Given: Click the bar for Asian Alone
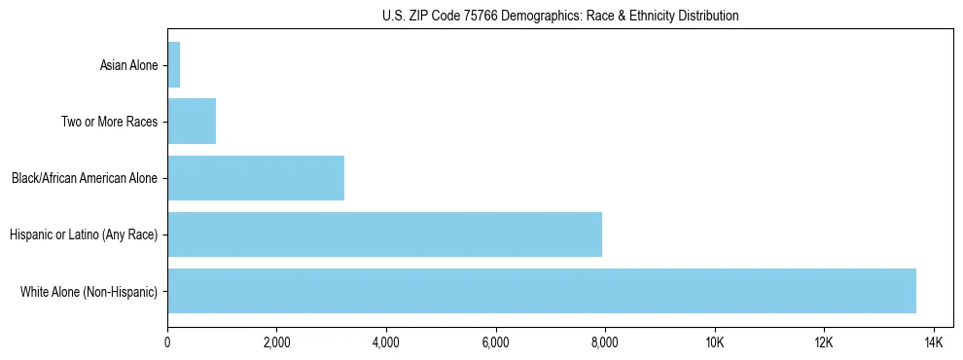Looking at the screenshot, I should pos(174,65).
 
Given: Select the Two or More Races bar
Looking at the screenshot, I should pos(192,122).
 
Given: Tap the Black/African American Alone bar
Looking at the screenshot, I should pos(256,178).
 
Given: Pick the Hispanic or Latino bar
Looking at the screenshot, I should pos(384,234).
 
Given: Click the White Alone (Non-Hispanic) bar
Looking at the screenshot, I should pos(542,291).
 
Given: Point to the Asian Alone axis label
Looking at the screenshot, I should pos(128,66).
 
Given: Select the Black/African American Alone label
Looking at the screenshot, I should pos(84,179).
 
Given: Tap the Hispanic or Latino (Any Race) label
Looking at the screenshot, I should pos(83,235).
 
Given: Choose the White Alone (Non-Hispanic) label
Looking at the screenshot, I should pos(89,292).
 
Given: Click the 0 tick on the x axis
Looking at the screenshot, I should pos(167,342).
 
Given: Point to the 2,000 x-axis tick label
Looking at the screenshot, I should pos(276,342).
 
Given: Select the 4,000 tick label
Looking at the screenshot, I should pos(386,342).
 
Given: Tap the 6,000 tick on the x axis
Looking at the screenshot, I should pos(495,342).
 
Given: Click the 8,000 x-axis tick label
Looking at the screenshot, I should pos(605,342).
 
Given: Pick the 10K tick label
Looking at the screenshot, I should pos(715,342).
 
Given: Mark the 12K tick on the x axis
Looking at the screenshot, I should pos(824,342).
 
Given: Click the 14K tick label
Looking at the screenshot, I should pos(934,342).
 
